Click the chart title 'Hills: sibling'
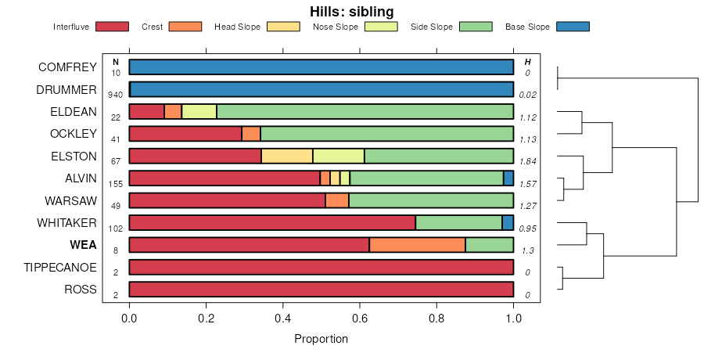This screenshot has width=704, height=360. (x=351, y=11)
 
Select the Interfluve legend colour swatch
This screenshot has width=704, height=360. (x=111, y=27)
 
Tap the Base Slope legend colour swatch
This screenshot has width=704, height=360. (x=573, y=27)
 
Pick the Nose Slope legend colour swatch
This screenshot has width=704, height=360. (x=381, y=27)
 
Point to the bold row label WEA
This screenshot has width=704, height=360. (x=83, y=245)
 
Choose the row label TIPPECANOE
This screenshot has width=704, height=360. (x=60, y=268)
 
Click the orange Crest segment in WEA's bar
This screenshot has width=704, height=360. (x=417, y=245)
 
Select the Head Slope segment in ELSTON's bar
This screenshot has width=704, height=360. (x=287, y=156)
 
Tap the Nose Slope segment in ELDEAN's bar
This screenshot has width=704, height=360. (x=199, y=111)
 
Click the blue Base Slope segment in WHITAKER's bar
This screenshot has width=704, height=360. (x=508, y=223)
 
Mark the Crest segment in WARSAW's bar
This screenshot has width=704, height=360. (x=337, y=200)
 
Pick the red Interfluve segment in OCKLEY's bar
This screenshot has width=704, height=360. (x=185, y=134)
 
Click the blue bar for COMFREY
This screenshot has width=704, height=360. (x=321, y=67)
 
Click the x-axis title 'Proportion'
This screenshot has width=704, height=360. (x=321, y=339)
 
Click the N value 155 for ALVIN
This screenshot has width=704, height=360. (x=116, y=184)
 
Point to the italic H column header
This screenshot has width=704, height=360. (x=527, y=62)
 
